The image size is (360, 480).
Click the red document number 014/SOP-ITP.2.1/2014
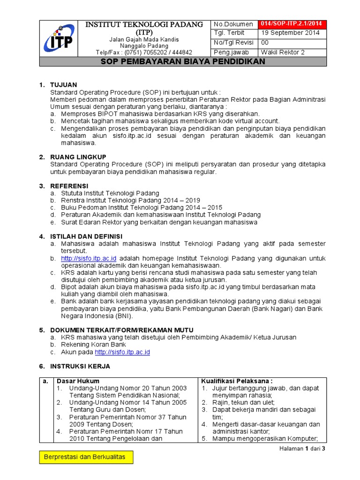coord(292,24)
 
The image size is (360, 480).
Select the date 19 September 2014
coord(290,33)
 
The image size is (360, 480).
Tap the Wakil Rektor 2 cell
coord(283,52)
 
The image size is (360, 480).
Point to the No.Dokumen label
coord(233,24)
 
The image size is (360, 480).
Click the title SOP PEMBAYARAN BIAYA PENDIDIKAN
coord(183,62)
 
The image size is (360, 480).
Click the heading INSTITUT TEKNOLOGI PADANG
coord(144,24)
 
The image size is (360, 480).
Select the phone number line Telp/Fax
coord(144,52)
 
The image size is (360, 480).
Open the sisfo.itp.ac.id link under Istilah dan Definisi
coord(89,258)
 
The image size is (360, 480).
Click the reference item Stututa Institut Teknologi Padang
coord(110,193)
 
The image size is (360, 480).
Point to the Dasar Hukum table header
coord(78,381)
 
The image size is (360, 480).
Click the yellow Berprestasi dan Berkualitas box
coord(86,457)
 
